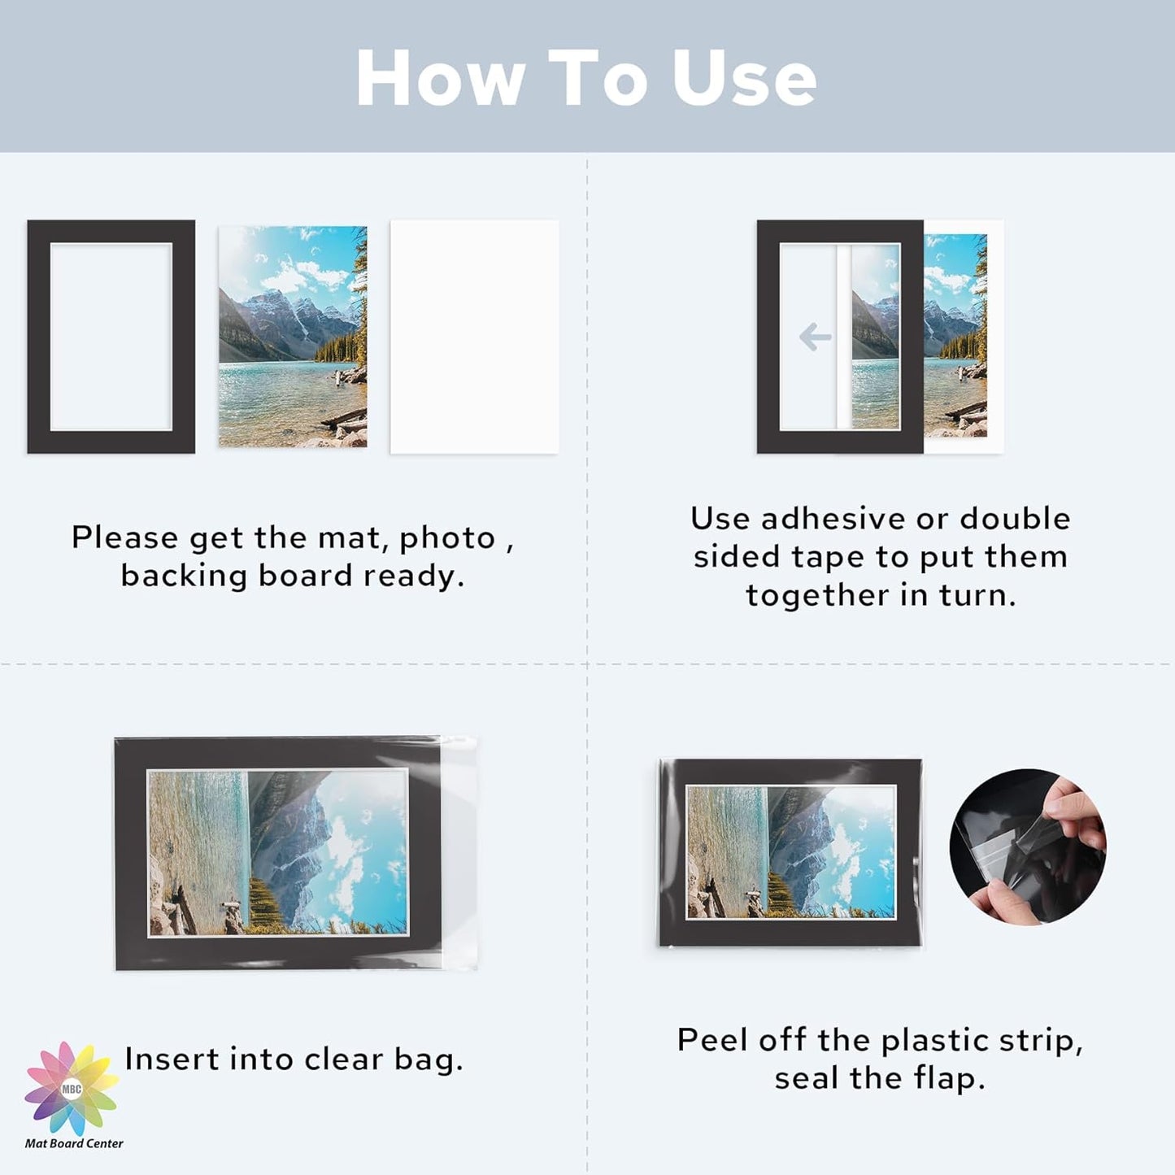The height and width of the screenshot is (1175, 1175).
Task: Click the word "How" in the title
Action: [x=440, y=78]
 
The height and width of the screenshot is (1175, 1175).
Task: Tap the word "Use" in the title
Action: [x=743, y=78]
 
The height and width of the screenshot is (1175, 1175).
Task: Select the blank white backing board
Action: [x=474, y=337]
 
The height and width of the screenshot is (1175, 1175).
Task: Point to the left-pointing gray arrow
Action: [x=815, y=337]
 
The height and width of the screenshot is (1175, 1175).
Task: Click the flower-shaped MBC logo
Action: [x=72, y=1088]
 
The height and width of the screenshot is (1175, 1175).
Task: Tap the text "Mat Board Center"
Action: [x=74, y=1143]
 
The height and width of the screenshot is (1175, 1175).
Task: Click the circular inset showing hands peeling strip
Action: [x=1027, y=846]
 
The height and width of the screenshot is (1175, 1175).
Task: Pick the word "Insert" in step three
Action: [x=172, y=1059]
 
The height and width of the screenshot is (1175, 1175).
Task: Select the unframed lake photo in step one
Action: [x=293, y=337]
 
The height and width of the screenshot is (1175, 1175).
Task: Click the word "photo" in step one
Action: [x=447, y=538]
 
